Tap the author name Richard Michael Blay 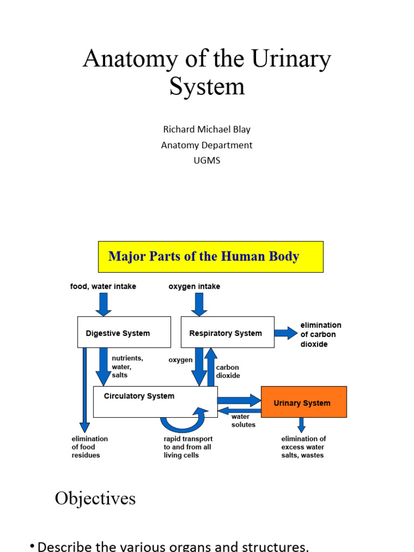click(x=206, y=129)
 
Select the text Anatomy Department click(x=206, y=145)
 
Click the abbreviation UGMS click(x=206, y=161)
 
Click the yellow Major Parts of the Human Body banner click(x=210, y=257)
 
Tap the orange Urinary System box click(x=303, y=402)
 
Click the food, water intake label click(x=103, y=286)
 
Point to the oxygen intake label click(x=194, y=286)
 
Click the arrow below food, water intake click(x=103, y=305)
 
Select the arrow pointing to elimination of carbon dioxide click(x=285, y=333)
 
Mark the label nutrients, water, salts click(x=127, y=367)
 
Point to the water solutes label click(x=243, y=420)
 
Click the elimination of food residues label click(x=89, y=447)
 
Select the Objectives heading click(x=95, y=498)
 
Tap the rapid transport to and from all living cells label click(x=188, y=447)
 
